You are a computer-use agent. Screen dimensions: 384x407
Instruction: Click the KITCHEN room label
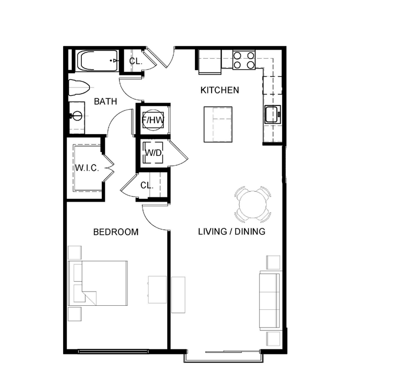(219, 90)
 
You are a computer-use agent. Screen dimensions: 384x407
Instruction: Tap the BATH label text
(105, 101)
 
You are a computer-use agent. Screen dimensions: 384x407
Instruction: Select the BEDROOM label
(115, 232)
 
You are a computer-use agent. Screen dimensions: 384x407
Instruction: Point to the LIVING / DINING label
(232, 232)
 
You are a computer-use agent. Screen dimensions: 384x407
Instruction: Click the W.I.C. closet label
(87, 168)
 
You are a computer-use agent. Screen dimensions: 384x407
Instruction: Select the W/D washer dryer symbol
(153, 153)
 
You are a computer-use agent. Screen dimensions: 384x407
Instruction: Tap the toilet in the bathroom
(77, 88)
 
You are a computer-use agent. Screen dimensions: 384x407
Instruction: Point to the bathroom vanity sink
(77, 116)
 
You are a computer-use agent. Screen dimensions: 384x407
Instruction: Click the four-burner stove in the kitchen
(244, 60)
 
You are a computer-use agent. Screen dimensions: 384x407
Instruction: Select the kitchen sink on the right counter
(273, 114)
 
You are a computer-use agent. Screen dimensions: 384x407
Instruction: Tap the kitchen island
(218, 124)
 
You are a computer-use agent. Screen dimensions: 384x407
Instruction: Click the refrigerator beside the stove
(209, 61)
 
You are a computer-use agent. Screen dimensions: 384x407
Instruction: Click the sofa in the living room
(270, 300)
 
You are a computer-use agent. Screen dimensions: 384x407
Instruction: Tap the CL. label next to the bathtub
(135, 61)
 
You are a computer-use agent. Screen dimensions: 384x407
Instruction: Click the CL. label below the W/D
(146, 186)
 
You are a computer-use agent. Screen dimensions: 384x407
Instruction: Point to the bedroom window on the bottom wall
(113, 351)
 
